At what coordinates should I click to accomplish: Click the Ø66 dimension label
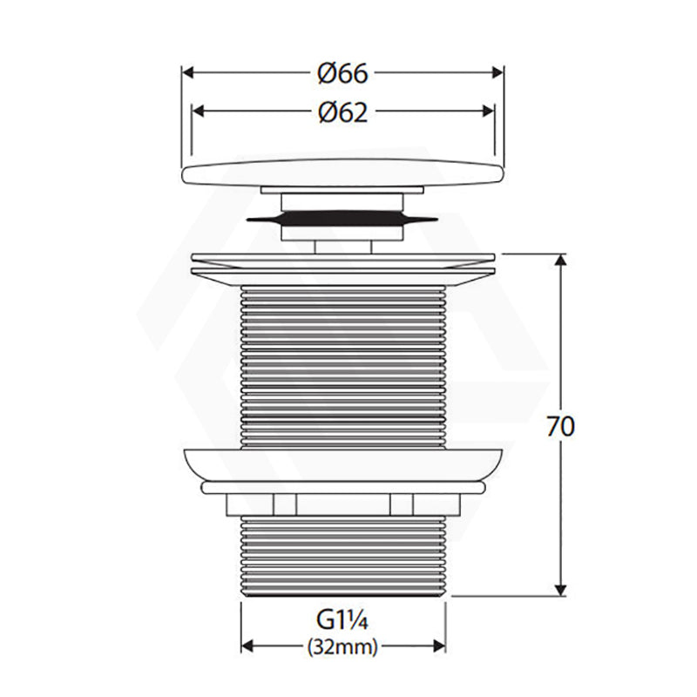coord(342,73)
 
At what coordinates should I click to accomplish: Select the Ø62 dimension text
coord(342,112)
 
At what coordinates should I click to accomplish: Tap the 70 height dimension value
coord(560,426)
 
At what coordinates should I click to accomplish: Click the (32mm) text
coord(342,646)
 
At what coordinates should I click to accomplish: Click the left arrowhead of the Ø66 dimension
coord(188,73)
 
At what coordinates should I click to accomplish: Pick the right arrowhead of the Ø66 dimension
coord(497,73)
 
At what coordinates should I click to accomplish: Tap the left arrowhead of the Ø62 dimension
coord(198,112)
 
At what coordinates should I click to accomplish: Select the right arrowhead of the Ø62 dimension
coord(488,112)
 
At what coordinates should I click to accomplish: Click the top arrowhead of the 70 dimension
coord(561,260)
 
